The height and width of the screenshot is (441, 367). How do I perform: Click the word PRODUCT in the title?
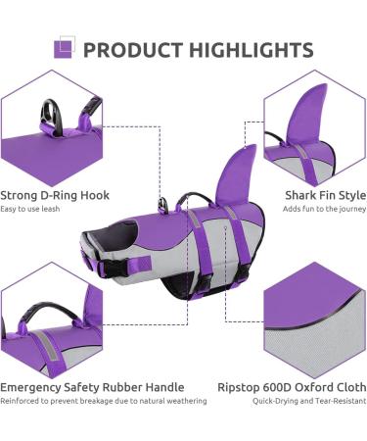129,50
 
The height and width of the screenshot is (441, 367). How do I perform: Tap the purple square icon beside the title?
64,48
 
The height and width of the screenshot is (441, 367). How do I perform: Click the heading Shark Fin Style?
325,195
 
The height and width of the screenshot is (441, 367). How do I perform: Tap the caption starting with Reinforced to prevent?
103,401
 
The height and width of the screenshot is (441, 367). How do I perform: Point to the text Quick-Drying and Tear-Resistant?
309,401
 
